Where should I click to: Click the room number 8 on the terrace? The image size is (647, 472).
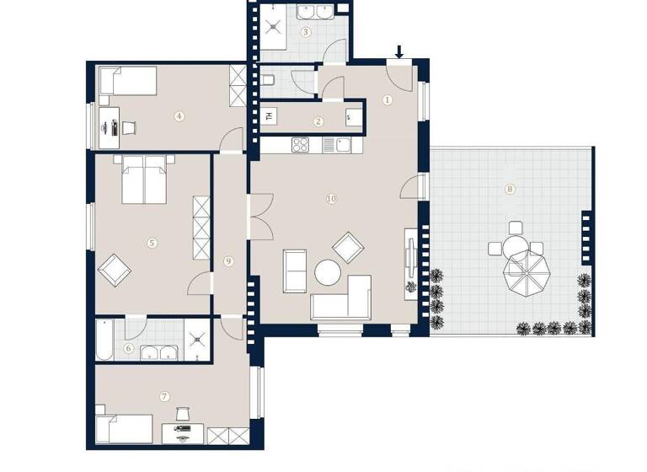510,189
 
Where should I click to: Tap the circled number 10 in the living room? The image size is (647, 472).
331,199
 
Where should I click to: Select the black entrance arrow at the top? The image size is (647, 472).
399,53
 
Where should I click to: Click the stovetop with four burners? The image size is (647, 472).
302,145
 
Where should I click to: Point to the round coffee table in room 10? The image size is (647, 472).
327,272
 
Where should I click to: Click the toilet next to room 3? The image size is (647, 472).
269,80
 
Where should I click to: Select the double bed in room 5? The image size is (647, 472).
147,180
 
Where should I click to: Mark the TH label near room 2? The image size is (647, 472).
269,116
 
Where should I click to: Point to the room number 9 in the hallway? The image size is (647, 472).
227,261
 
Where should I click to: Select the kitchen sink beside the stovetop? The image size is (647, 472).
344,145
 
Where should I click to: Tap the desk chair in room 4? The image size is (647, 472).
130,127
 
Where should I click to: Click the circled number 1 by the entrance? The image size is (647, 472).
388,99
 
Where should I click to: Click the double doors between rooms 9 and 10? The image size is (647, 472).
259,215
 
